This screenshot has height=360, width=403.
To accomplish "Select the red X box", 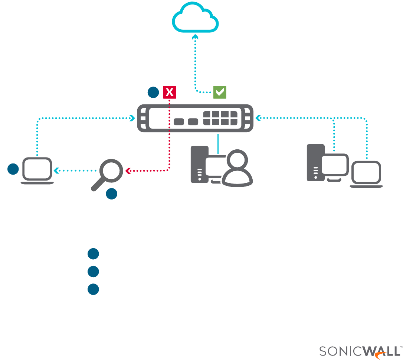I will tap(170, 92).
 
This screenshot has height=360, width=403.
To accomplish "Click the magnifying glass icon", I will tap(109, 173).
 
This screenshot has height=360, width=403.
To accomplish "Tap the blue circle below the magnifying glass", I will tap(112, 194).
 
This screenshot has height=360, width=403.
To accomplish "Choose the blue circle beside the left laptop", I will tap(13, 169).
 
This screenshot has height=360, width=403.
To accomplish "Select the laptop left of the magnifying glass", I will tap(37, 171).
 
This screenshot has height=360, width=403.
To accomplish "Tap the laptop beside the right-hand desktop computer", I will tap(367, 175).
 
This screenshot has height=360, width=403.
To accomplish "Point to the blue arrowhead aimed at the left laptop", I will tap(56, 171).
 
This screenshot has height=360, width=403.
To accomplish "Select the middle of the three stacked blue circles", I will tap(93, 272).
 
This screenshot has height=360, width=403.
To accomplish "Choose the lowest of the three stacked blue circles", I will tap(93, 289).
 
